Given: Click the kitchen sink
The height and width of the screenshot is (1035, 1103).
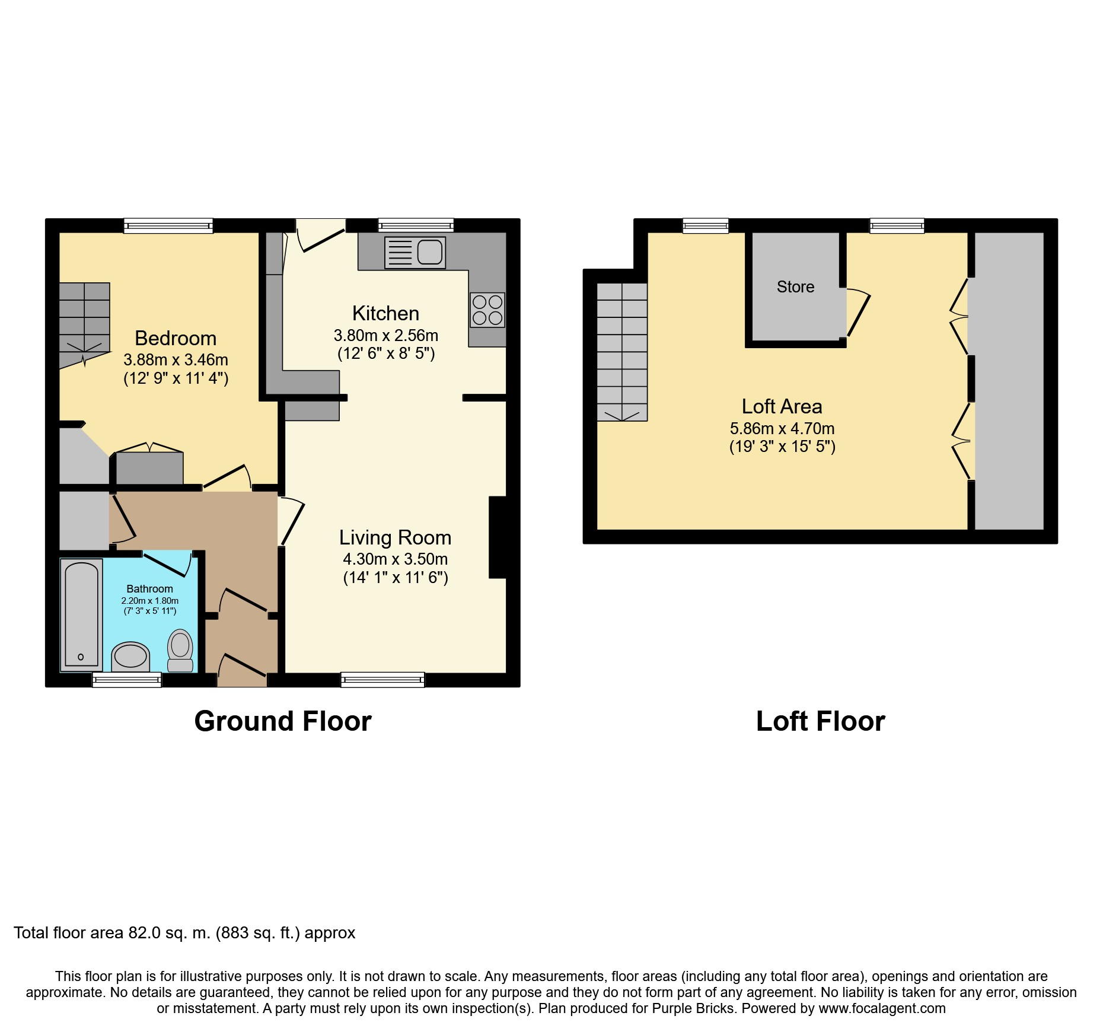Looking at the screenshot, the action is pos(415,252).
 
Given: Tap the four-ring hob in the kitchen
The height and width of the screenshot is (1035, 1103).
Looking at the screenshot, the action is pos(487,310).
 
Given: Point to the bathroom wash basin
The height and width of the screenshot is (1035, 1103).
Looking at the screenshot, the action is pos(130,657).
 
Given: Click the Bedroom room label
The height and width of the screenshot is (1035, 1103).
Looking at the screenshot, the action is pos(176,338).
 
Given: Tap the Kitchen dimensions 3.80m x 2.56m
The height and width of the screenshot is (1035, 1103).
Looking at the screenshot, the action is pos(386,336).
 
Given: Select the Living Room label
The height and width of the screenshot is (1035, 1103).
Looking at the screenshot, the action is pos(395,537).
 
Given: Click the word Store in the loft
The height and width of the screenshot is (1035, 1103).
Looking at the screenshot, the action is pos(795,287).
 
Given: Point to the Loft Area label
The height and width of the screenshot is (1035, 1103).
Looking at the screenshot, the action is pos(782,406).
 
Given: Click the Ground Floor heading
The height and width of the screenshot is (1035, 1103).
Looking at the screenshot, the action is pos(283,721).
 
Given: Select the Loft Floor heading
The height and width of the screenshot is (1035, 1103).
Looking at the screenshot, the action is pos(820,721).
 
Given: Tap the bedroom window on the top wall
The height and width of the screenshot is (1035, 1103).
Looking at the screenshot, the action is pos(168,225).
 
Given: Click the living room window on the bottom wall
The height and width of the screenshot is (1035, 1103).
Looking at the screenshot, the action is pos(382,680).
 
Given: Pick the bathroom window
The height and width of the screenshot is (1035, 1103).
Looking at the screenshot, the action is pos(127,680).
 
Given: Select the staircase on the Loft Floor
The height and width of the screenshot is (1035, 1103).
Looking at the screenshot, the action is pos(621,352).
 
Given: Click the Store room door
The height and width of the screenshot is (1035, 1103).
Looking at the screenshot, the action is pos(857,312).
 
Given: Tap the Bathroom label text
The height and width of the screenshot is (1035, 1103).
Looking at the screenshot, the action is pos(150,589).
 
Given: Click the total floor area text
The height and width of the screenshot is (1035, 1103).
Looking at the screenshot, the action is pos(184,933).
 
